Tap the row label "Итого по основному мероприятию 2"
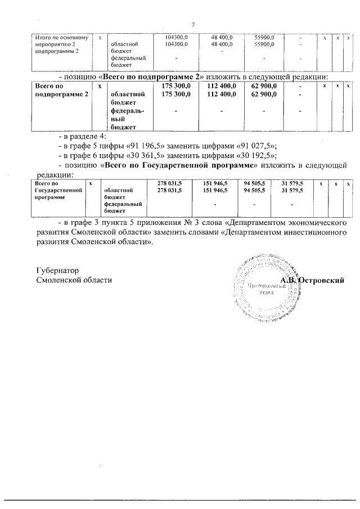61,44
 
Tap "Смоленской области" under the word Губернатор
74,280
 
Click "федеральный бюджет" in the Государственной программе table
124,208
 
